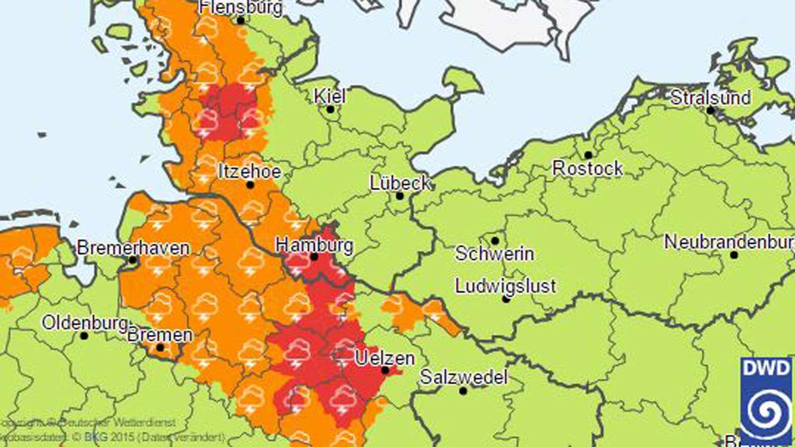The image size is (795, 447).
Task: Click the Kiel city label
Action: tap(330, 95)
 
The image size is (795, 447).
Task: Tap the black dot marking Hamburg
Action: tap(314, 257)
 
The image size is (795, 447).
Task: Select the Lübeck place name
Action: tap(400, 183)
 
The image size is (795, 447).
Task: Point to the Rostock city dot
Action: tap(588, 155)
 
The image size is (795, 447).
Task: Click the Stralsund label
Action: tap(710, 97)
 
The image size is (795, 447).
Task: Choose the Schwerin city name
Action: tap(494, 254)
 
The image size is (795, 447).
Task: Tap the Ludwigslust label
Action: tap(505, 286)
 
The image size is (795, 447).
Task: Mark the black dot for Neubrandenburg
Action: tap(734, 255)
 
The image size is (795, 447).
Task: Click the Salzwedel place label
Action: tap(463, 377)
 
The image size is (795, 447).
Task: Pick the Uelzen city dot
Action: tap(385, 371)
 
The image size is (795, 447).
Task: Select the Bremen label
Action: tap(159, 335)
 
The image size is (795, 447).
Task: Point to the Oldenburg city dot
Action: tap(84, 336)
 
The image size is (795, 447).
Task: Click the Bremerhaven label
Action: tap(133, 248)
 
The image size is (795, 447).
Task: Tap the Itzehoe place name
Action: tap(249, 172)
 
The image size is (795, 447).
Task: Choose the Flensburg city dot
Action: tap(240, 20)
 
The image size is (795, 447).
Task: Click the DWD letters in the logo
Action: tap(766, 368)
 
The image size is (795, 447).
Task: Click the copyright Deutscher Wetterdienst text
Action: tap(89, 423)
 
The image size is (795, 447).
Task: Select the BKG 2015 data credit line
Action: tap(112, 438)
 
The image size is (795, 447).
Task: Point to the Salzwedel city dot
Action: tap(463, 391)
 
